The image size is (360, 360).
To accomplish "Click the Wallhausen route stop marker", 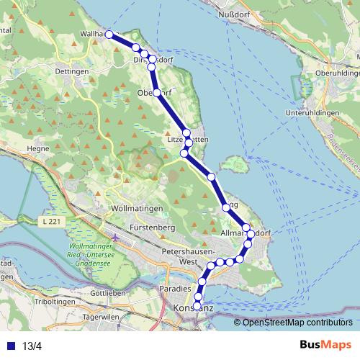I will point(109,34).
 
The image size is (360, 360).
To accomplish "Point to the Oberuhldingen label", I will point(333,73).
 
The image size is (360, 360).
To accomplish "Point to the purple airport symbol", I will point(115,238).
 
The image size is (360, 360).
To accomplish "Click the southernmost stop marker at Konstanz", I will point(197,306).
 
